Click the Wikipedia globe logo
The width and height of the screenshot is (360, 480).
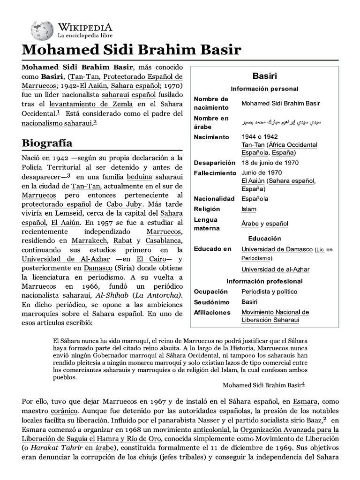point(42,30)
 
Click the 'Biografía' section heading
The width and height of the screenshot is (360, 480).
point(47,142)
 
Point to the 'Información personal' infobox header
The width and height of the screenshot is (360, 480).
point(264,89)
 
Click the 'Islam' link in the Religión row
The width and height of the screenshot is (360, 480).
point(248,209)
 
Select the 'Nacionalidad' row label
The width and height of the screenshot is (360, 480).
point(214,199)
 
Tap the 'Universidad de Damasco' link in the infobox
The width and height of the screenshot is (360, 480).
point(277,249)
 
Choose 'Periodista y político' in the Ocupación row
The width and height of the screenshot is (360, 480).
point(269,292)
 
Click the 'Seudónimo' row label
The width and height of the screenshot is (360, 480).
point(212,302)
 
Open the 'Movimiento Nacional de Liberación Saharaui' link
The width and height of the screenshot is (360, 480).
point(275,316)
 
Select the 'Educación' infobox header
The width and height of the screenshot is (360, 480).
point(264,239)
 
